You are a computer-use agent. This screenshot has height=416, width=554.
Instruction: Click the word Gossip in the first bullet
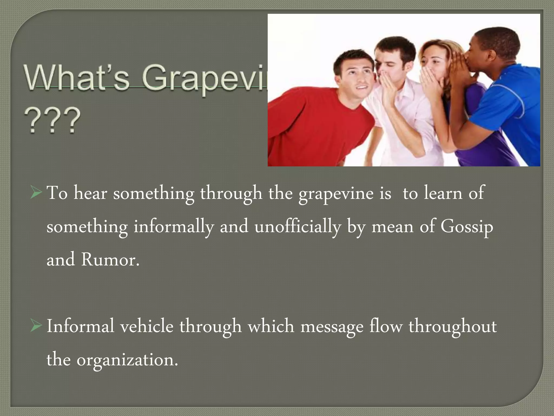pos(467,227)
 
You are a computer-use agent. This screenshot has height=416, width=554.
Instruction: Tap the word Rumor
pos(110,260)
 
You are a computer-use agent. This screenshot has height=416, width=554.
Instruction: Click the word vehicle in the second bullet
pos(147,326)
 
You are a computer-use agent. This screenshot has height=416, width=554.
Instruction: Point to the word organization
pos(127,360)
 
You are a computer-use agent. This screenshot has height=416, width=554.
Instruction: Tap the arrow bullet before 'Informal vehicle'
pos(36,327)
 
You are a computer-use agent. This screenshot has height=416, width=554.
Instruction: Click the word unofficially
pos(298,227)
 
